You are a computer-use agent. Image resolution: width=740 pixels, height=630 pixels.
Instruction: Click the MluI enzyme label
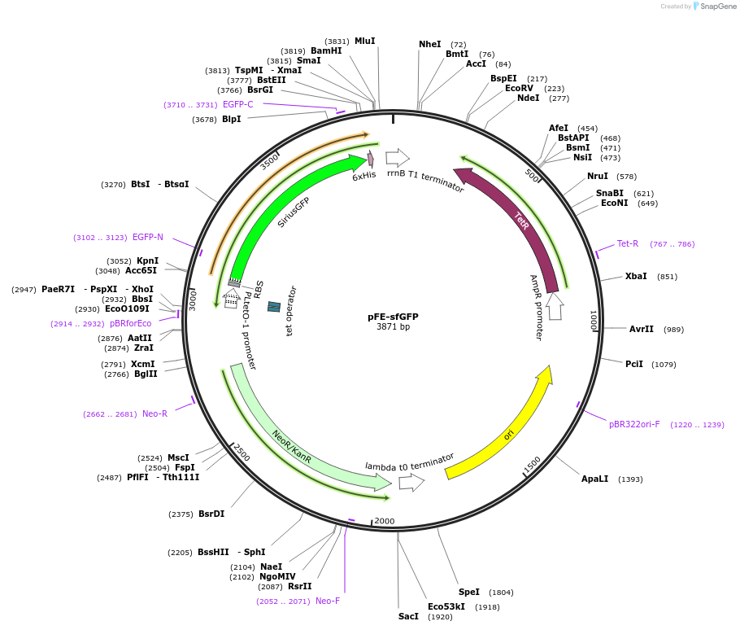(364, 41)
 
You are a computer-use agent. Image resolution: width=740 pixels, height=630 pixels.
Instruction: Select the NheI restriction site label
(429, 44)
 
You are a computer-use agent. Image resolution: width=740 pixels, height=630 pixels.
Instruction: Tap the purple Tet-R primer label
(628, 243)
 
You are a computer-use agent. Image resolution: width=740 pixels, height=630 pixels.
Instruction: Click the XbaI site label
(636, 276)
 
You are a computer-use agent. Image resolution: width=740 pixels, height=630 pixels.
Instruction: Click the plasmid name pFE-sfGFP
(392, 316)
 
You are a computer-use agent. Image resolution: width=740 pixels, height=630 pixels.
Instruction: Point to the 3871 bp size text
(393, 327)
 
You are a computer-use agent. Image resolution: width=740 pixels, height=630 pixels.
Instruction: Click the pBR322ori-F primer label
(634, 424)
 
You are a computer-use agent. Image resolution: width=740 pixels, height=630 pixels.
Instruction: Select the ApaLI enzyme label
(594, 479)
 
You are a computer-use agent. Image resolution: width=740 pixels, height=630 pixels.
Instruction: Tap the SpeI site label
(469, 592)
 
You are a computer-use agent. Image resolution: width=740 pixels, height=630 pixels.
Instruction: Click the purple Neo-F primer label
(328, 601)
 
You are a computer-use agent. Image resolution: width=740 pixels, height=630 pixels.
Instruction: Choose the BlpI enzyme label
(231, 119)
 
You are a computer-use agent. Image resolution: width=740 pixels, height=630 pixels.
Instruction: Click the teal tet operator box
(274, 306)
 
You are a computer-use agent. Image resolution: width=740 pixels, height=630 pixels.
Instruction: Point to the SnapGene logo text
(718, 6)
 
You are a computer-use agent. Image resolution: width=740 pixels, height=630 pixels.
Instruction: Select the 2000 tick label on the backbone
(384, 521)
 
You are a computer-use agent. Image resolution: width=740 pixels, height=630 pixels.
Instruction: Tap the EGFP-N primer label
(147, 237)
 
